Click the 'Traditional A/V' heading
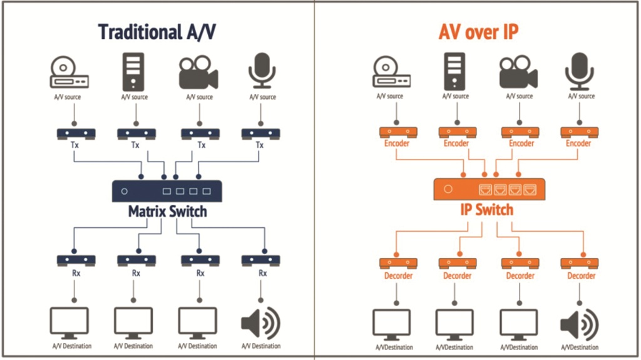click(x=158, y=32)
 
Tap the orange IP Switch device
click(x=489, y=188)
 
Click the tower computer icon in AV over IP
click(x=454, y=70)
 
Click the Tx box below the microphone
click(x=260, y=133)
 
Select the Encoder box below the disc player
click(x=395, y=132)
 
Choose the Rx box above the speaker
click(x=261, y=259)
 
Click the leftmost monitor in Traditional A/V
click(x=69, y=324)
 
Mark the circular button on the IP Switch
click(x=448, y=188)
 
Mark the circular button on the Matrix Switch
click(x=125, y=191)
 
